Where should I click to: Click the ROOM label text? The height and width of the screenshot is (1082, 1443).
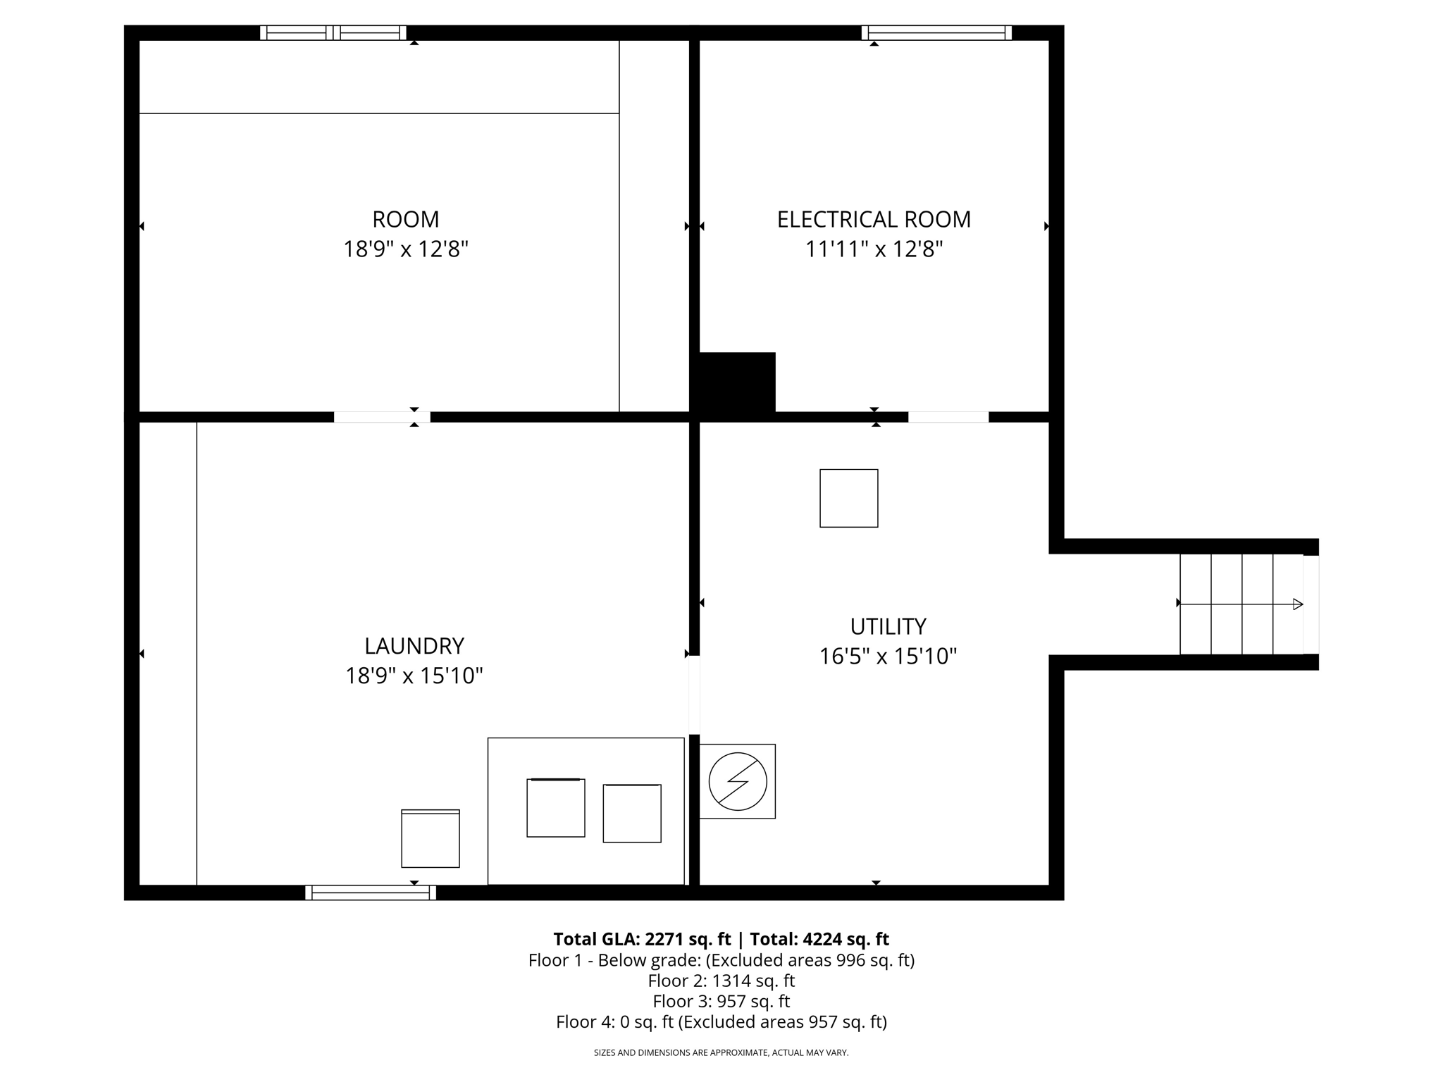coord(405,220)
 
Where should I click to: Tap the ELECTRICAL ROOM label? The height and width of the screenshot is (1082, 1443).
coord(874,220)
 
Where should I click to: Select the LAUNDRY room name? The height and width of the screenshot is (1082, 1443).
coord(414,646)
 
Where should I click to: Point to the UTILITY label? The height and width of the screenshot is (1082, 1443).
coord(888,626)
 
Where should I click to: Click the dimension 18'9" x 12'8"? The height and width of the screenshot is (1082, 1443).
coord(405,249)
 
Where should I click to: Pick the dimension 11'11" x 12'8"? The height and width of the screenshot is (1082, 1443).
coord(874,249)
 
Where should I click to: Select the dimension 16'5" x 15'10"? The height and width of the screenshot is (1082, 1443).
coord(888,657)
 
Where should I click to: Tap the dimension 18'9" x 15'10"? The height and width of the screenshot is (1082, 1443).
coord(414,676)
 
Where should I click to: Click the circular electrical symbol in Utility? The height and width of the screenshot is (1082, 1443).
coord(738,781)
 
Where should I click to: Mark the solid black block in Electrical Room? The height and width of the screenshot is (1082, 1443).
coord(737,383)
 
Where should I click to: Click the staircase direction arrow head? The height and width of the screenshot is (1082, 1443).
coord(1298,604)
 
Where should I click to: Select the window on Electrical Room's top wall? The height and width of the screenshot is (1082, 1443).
coord(936,32)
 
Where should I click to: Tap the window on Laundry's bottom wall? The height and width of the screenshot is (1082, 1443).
coord(371,893)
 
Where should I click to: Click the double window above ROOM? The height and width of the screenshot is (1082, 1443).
coord(333,32)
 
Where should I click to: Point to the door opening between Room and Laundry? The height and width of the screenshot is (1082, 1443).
coord(381,417)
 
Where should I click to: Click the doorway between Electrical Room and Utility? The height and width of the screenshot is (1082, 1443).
coord(948,417)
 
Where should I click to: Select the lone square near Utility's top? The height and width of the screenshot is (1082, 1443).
coord(848,498)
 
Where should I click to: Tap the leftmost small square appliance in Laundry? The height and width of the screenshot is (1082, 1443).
coord(431,838)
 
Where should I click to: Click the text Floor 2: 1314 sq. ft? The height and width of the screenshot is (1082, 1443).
coord(721,981)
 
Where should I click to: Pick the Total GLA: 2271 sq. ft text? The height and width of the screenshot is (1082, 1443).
coord(642,939)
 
